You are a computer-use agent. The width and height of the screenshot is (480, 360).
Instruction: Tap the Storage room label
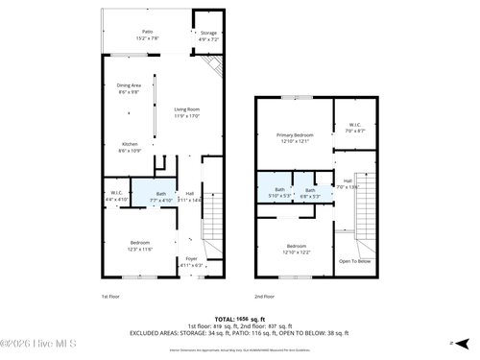208,36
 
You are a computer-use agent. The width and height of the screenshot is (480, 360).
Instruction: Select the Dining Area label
129,89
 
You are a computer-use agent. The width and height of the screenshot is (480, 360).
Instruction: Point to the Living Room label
186,113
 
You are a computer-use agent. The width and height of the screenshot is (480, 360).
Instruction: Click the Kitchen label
129,148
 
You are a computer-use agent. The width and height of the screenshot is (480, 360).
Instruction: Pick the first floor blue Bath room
154,195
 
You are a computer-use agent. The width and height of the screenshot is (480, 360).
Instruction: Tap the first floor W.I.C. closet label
115,196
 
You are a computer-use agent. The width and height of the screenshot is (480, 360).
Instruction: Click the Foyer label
191,261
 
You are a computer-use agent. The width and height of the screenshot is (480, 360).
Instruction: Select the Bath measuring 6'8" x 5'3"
310,192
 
